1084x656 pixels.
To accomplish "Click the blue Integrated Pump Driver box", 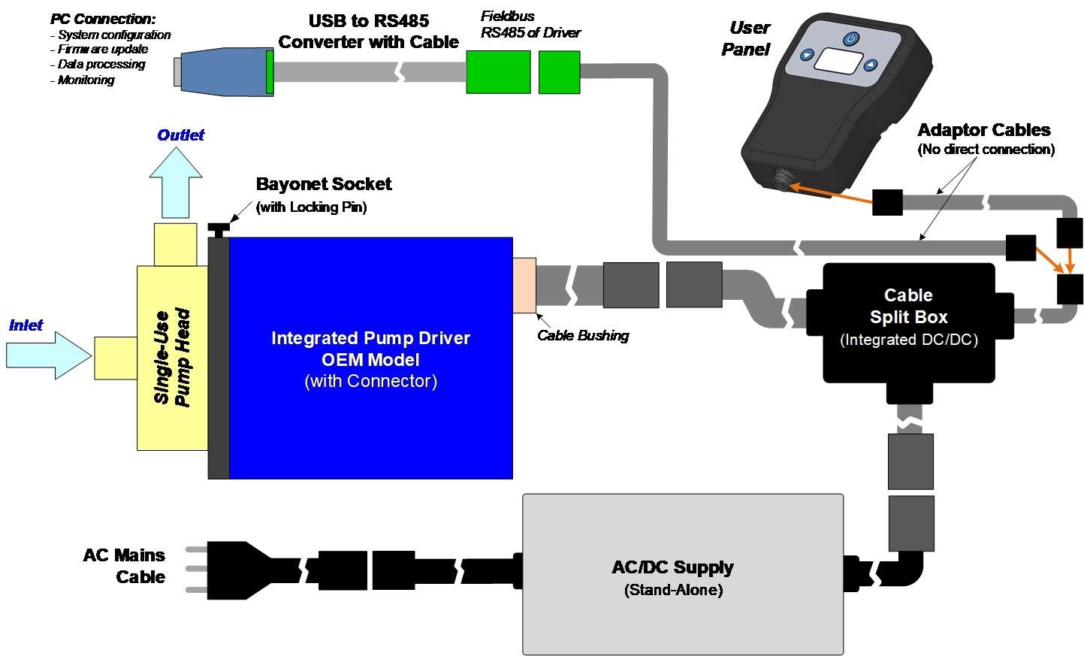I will pos(370,358).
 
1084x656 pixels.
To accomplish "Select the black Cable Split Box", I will pos(908,322).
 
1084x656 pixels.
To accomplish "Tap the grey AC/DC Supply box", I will pos(682,574).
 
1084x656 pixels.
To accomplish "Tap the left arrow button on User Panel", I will pos(807,55).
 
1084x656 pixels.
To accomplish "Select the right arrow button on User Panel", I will pos(870,65).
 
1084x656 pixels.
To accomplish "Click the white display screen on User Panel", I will pos(837,60).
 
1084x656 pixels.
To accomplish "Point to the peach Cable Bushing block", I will pos(524,285).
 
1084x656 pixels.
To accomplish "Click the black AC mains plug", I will pos(233,570).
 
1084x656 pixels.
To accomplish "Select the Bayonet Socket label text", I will pos(324,184).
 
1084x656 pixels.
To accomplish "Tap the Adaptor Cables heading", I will pos(983,130).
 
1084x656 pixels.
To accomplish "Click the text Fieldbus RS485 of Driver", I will pos(530,24).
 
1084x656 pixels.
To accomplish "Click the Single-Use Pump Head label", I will pos(172,357).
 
